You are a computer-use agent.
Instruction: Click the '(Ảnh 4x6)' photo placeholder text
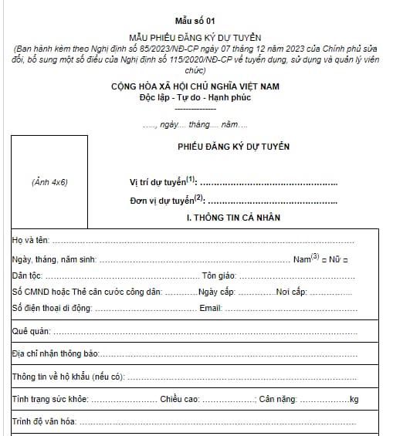point(49,183)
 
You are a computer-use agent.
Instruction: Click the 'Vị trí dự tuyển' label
point(163,182)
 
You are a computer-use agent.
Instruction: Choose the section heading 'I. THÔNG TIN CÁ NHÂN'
point(233,218)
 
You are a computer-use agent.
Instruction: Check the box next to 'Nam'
point(326,259)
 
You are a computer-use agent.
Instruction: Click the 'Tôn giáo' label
point(219,275)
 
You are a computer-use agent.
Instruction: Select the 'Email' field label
point(210,309)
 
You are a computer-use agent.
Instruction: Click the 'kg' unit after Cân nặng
point(354,399)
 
